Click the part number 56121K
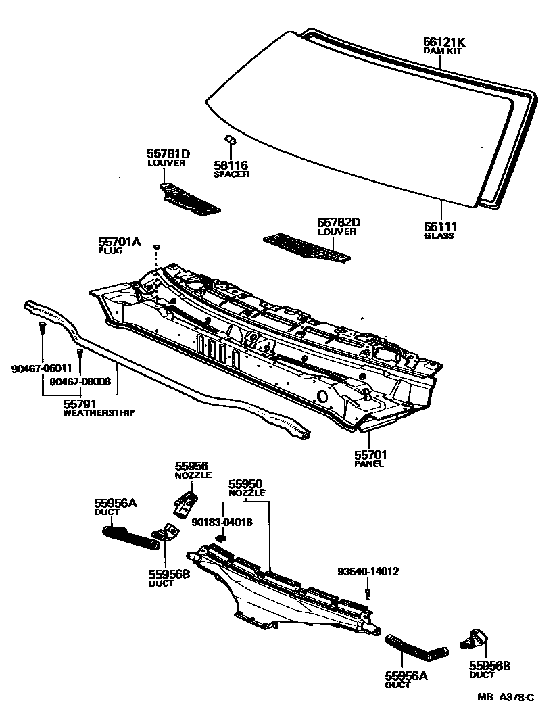pyautogui.click(x=444, y=42)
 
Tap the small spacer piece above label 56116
pyautogui.click(x=229, y=139)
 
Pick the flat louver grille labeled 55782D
pyautogui.click(x=308, y=248)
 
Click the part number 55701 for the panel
pyautogui.click(x=370, y=455)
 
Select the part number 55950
pyautogui.click(x=245, y=485)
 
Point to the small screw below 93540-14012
pyautogui.click(x=368, y=594)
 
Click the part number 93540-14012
pyautogui.click(x=368, y=572)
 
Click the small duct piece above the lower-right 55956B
pyautogui.click(x=477, y=637)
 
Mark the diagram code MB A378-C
pyautogui.click(x=506, y=698)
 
